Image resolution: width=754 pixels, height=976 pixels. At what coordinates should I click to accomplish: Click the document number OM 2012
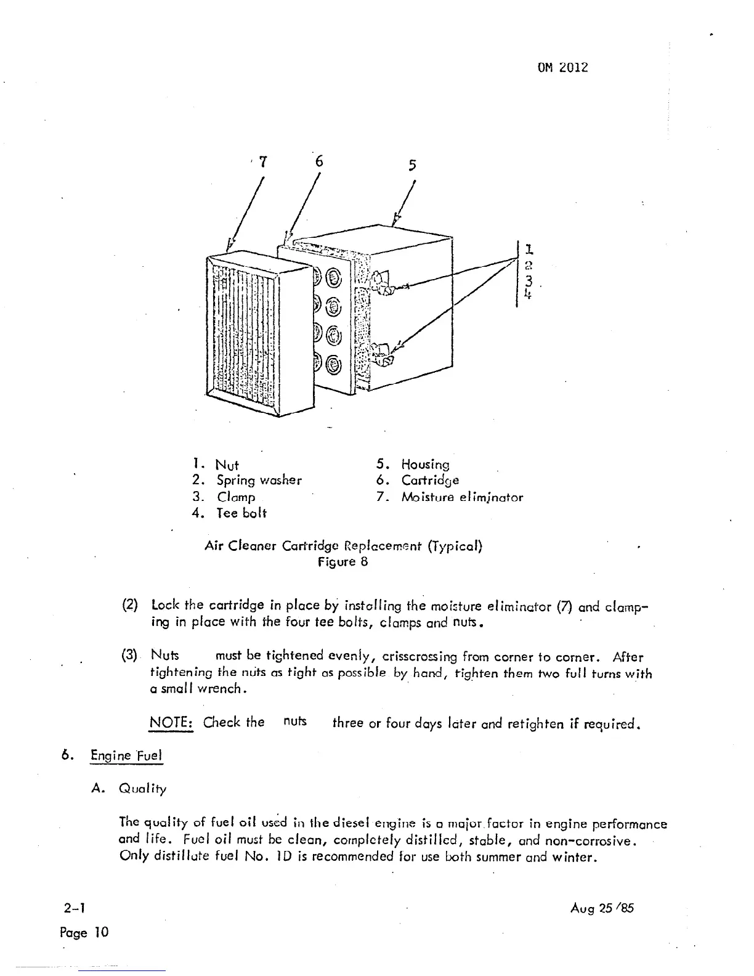point(563,67)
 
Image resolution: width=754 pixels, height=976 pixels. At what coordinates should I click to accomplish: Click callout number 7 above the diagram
point(263,162)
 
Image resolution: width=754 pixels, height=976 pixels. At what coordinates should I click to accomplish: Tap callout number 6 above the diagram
point(318,161)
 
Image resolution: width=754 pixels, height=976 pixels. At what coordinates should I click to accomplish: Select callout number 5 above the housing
point(412,165)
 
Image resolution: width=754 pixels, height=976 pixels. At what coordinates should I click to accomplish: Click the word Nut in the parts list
point(227,465)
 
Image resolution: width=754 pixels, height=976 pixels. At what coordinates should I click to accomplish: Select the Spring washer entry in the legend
point(259,481)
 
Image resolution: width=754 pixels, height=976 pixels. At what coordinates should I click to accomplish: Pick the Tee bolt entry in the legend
point(241,513)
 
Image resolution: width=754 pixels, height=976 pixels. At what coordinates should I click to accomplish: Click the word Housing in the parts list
point(425,465)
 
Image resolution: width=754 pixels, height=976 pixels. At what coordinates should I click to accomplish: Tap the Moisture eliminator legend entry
point(461,497)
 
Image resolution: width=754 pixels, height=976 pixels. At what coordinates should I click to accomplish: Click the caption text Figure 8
point(343,562)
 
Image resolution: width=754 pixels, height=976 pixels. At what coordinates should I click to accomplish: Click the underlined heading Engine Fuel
point(126,755)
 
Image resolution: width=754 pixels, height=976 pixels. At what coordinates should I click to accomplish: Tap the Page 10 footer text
point(84,932)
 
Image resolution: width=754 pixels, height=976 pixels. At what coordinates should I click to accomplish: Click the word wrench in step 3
point(227,689)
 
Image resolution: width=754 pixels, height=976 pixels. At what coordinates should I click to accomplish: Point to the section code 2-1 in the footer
point(73,908)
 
